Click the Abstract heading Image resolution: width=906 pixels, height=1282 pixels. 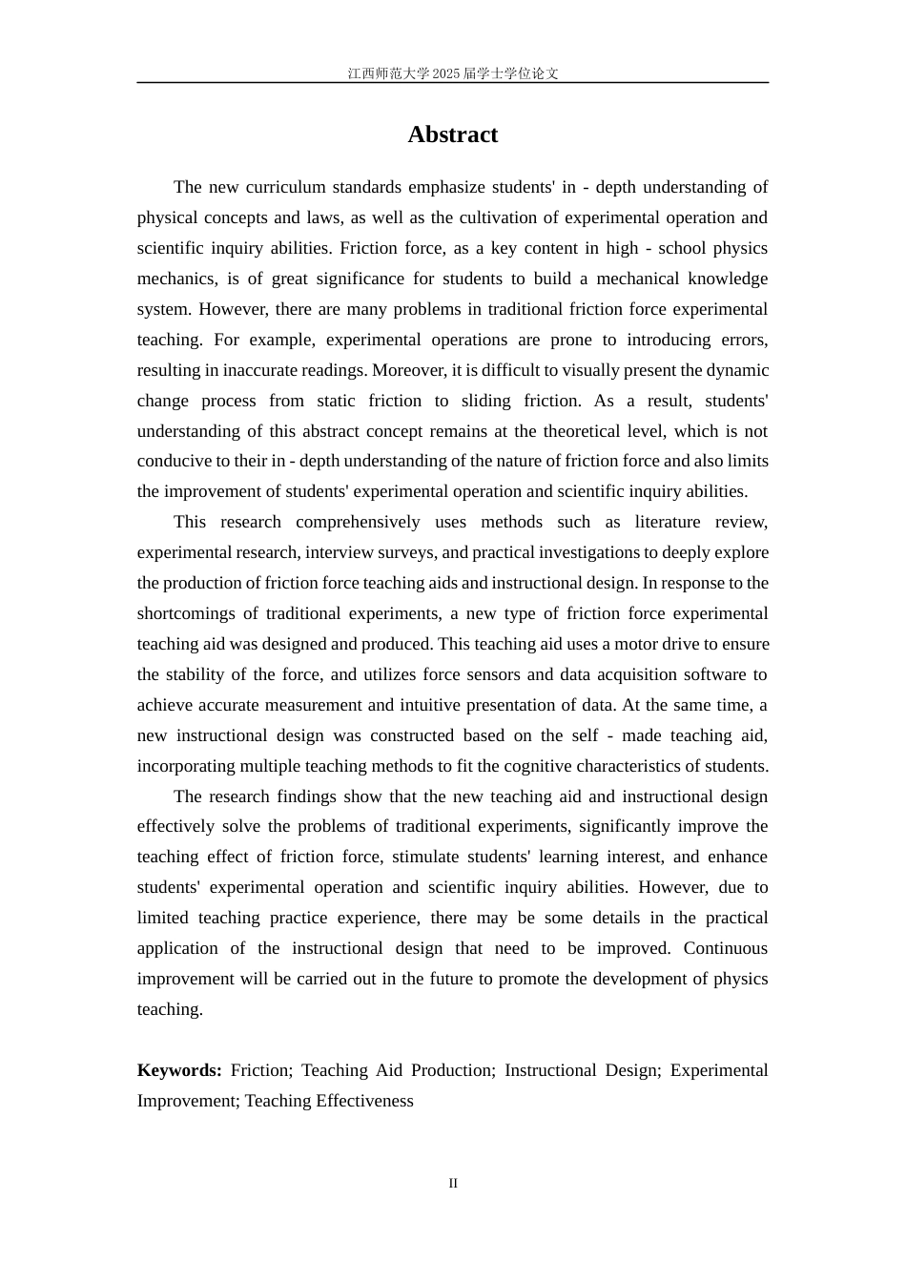[452, 134]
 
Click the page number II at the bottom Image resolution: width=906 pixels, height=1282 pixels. [453, 1183]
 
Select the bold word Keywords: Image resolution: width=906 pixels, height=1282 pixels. [179, 1070]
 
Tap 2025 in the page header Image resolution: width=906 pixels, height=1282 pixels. [445, 73]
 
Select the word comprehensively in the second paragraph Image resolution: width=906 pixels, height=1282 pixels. [358, 522]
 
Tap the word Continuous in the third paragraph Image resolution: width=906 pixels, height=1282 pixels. [725, 948]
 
